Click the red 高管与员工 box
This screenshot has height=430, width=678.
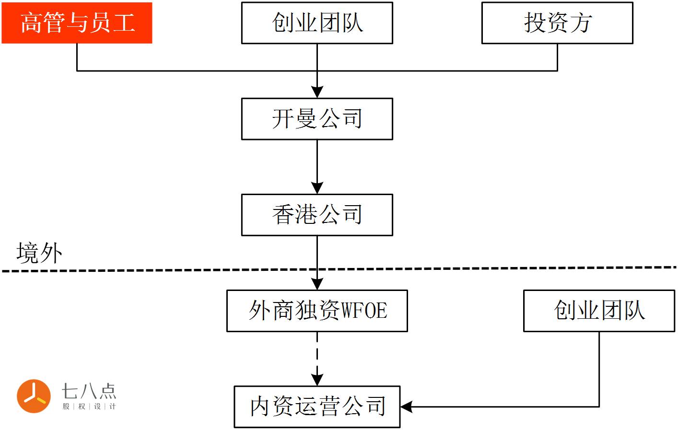pos(77,23)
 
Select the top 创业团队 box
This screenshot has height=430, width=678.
pos(317,23)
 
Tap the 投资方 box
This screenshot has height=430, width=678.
pos(557,23)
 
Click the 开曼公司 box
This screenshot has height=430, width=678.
pos(317,119)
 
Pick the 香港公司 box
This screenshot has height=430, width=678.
pos(317,215)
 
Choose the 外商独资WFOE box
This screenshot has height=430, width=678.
pos(317,311)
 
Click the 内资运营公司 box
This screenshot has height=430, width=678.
pos(317,407)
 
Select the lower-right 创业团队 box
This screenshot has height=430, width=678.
pos(599,311)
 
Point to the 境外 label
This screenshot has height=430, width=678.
pos(39,253)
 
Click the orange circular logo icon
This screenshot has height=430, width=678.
pos(34,396)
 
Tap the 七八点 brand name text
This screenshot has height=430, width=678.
pos(89,391)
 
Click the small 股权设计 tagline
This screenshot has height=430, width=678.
pos(89,407)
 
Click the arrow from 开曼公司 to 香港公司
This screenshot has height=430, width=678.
pos(317,163)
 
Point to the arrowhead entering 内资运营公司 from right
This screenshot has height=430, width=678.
pos(407,407)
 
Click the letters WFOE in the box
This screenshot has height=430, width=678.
pos(364,311)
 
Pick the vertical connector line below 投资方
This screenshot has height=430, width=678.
pos(557,57)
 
